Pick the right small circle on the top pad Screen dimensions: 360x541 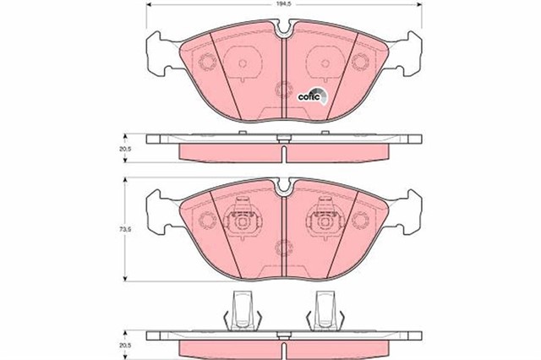coord(361,62)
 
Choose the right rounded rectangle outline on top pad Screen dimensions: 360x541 coord(323,62)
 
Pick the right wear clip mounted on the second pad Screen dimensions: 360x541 coord(323,221)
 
